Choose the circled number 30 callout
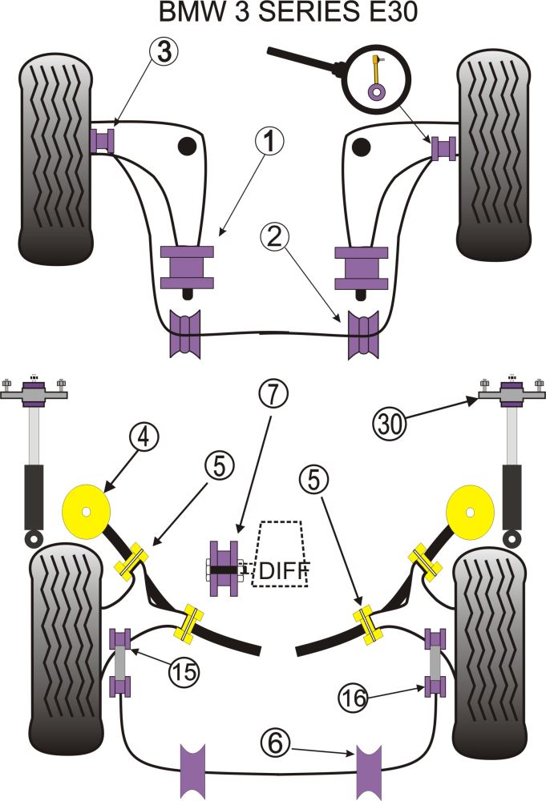click(391, 421)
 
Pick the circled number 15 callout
click(184, 672)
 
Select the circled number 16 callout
click(353, 698)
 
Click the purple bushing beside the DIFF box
click(224, 569)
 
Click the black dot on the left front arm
click(187, 146)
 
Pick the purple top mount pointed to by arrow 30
click(511, 394)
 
